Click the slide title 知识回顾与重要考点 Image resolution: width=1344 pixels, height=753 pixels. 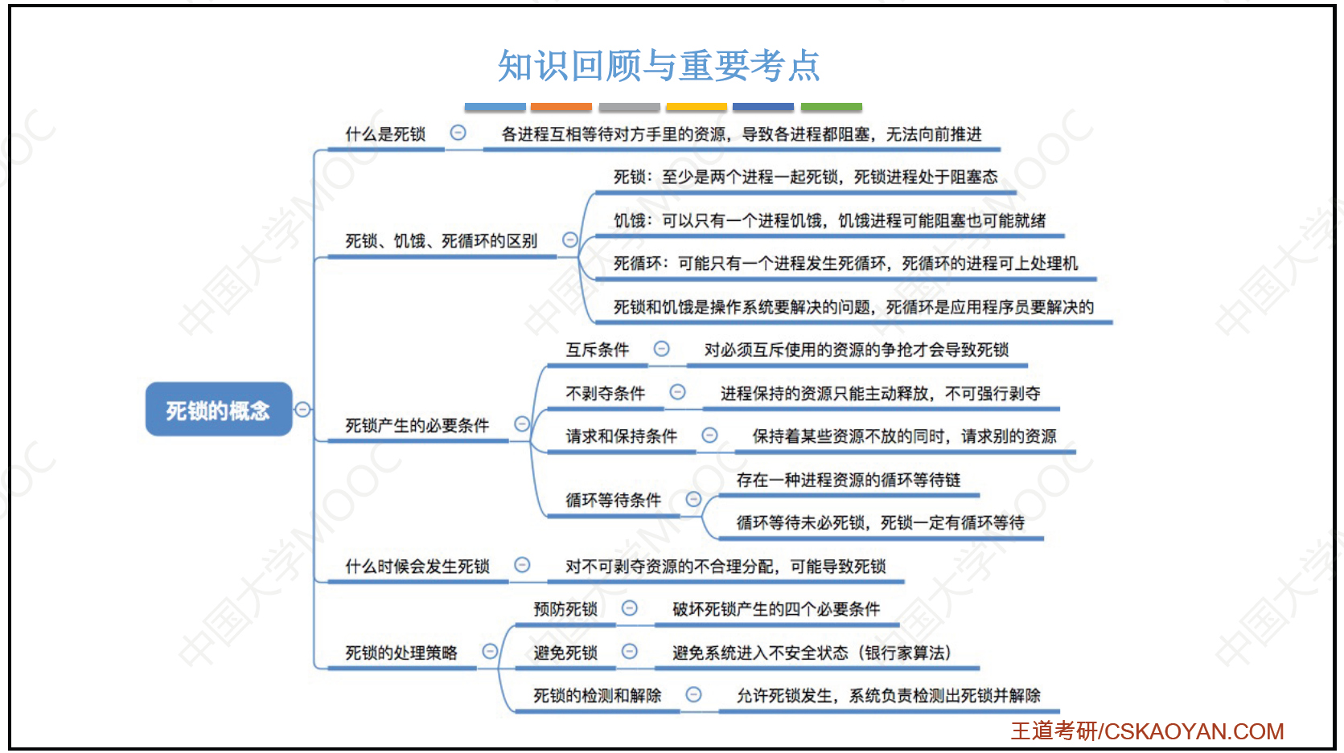(659, 65)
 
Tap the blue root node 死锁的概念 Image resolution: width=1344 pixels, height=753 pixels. (219, 410)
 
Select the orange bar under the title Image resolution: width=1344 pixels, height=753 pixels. (561, 107)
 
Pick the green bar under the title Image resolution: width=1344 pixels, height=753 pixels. (832, 107)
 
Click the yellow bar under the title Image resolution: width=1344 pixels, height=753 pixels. (697, 107)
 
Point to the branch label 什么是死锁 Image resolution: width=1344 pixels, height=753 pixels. (385, 133)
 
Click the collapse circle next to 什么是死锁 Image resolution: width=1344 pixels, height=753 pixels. (458, 133)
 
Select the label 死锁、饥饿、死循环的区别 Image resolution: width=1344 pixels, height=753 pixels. (441, 241)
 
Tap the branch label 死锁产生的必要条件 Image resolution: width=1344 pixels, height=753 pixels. (417, 426)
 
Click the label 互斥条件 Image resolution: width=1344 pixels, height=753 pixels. (597, 350)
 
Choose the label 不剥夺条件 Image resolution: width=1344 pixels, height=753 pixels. (605, 393)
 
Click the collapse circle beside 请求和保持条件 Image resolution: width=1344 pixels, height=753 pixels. (709, 436)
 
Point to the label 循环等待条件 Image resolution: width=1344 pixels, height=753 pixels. (613, 500)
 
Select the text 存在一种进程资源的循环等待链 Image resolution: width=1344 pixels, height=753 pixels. (849, 480)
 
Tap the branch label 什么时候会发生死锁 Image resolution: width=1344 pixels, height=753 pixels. (417, 566)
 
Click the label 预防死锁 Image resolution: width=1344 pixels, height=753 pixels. (565, 609)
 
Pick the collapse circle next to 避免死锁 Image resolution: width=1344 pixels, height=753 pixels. (630, 651)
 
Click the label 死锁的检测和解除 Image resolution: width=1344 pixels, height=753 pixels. (597, 695)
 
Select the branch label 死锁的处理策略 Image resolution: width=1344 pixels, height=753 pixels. (401, 653)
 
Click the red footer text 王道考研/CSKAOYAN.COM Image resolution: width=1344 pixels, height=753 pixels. (1147, 731)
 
